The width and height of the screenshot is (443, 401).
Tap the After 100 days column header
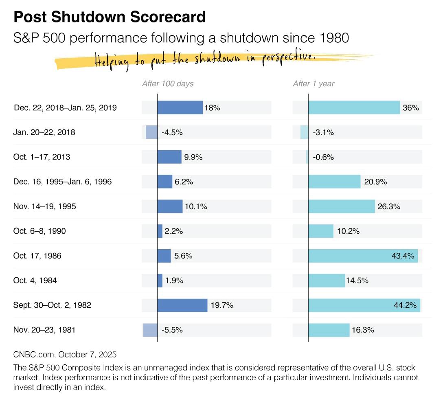[167, 84]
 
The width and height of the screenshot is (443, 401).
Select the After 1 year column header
[314, 84]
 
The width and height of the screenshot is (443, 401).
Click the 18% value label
[212, 108]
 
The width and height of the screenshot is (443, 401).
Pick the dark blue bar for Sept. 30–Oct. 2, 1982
[182, 305]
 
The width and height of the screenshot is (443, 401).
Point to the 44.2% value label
[405, 305]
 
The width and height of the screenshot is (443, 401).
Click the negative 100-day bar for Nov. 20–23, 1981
[150, 330]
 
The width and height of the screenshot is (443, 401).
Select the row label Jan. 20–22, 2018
[44, 132]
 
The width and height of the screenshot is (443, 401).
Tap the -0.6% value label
[323, 157]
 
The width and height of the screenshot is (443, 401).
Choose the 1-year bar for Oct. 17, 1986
[363, 256]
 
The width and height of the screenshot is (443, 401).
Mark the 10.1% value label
[196, 207]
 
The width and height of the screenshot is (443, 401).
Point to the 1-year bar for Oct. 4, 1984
[327, 280]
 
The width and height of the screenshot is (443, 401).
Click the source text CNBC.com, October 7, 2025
[62, 355]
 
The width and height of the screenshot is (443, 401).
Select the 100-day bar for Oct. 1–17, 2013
[169, 157]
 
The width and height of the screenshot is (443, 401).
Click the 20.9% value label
[375, 182]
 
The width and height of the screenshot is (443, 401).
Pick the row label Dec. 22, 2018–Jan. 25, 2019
[65, 108]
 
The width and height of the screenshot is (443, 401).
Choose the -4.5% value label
[172, 133]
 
